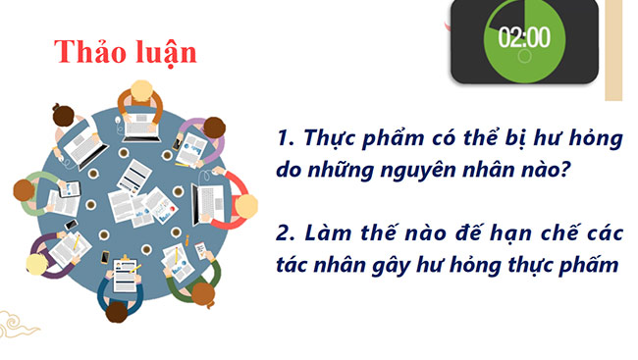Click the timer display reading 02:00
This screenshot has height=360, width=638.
pos(524,38)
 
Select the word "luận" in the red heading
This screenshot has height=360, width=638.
pos(164,52)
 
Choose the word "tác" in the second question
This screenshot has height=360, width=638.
pos(293,268)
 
